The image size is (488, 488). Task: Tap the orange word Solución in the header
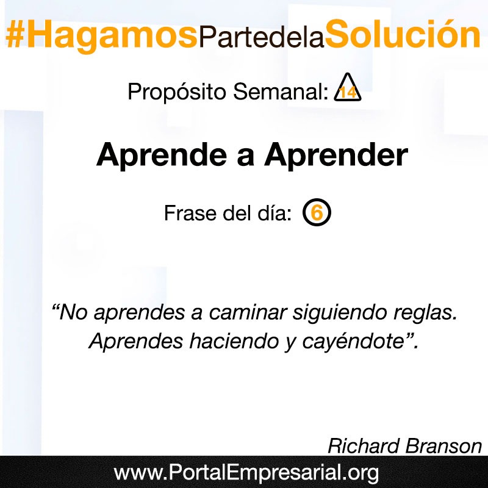[x=403, y=34]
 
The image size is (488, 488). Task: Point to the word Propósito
[x=177, y=92]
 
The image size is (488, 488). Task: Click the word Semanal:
[x=281, y=91]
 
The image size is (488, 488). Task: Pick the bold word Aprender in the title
[x=336, y=155]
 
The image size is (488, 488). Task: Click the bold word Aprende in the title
[x=162, y=155]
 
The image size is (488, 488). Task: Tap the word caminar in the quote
[x=248, y=312]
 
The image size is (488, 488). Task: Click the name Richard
[x=364, y=446]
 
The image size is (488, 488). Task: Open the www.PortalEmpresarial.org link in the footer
[x=246, y=473]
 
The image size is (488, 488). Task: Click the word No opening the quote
[x=73, y=312]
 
